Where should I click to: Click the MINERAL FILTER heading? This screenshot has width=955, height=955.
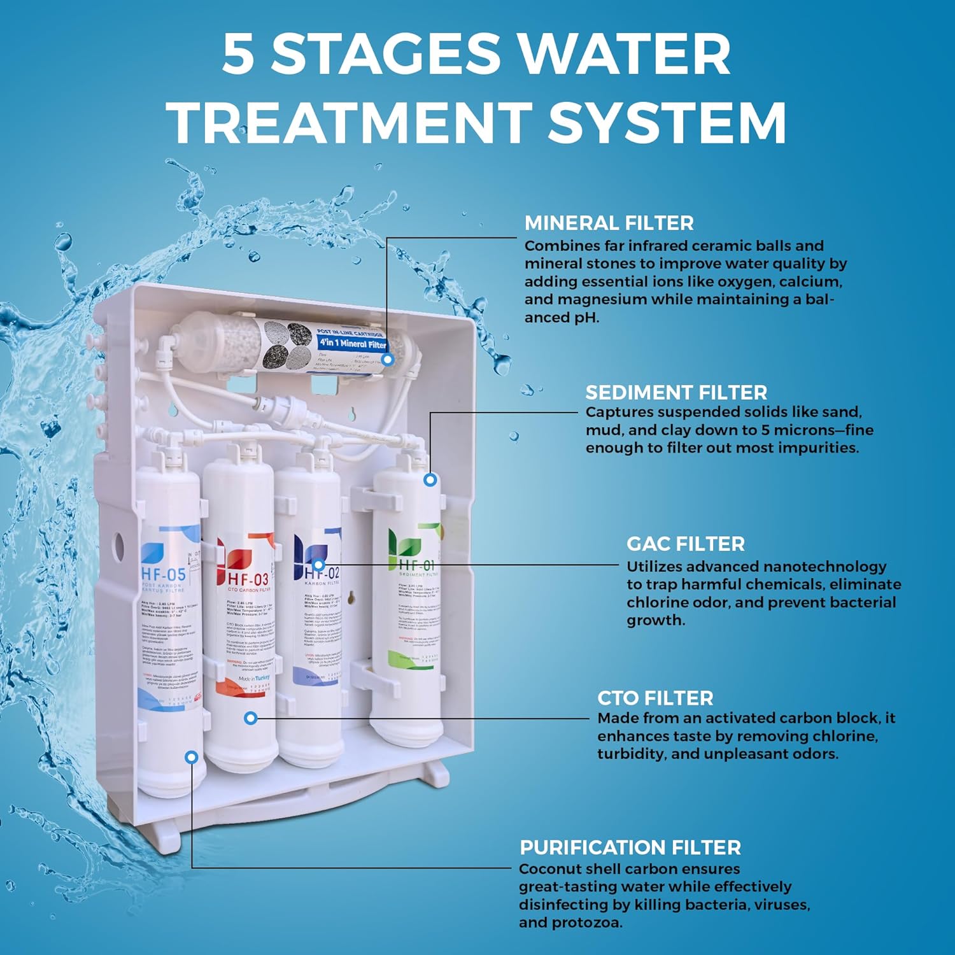[609, 223]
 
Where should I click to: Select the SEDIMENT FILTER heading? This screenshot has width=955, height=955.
[676, 392]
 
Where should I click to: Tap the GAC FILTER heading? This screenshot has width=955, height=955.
[685, 544]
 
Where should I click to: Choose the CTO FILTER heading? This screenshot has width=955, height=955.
[654, 698]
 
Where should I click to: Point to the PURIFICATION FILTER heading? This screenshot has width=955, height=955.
[630, 847]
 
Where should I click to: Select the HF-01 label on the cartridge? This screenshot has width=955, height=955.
[417, 565]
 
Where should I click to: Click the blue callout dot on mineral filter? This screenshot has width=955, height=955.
[388, 359]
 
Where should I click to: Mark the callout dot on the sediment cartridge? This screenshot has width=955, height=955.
[430, 479]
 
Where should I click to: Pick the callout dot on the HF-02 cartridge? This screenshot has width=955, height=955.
[318, 564]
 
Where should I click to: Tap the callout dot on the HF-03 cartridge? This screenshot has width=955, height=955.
[251, 718]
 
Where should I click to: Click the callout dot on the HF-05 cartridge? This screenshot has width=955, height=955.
[192, 757]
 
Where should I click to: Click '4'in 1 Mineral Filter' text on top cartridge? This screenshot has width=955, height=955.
[352, 344]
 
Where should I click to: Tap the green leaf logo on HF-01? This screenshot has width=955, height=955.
[405, 543]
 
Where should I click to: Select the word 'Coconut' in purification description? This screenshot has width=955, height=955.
[549, 869]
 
